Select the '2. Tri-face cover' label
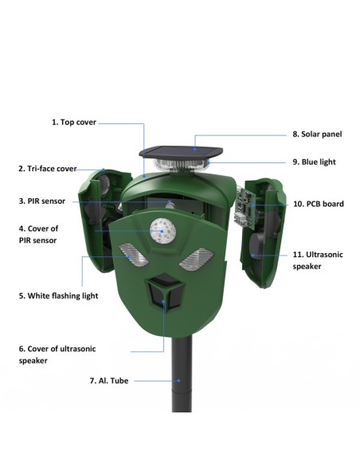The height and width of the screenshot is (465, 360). pos(48,169)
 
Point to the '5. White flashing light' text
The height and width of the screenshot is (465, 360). pos(59,296)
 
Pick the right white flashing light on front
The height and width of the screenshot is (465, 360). pos(197,259)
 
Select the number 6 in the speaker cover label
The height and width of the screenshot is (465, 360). pos(21,349)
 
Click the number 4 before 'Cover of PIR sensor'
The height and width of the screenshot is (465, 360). pos(21,229)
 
